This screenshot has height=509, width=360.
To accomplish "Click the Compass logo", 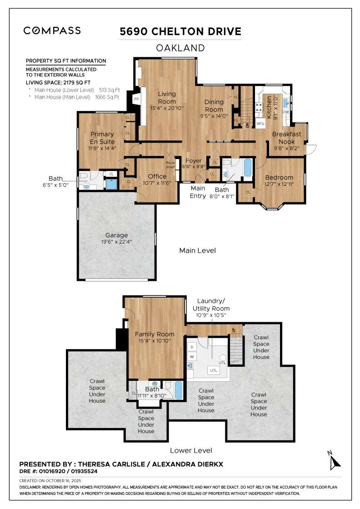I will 52,30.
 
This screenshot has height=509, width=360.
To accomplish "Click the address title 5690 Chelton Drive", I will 180,31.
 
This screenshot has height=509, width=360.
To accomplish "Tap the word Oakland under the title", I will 180,48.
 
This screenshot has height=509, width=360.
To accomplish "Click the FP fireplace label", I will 136,99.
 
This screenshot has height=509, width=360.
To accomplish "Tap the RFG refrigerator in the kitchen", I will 260,123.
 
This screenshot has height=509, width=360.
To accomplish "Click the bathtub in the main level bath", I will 248,167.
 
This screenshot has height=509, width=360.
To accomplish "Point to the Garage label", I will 116,235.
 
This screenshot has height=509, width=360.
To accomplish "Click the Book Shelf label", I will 170,165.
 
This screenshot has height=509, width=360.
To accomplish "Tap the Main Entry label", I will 198,191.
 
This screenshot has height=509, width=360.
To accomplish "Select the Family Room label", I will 155,334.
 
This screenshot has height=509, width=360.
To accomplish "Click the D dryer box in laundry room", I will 192,347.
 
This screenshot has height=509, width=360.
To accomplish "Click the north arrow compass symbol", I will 335,461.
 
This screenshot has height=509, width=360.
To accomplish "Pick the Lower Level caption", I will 191,450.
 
